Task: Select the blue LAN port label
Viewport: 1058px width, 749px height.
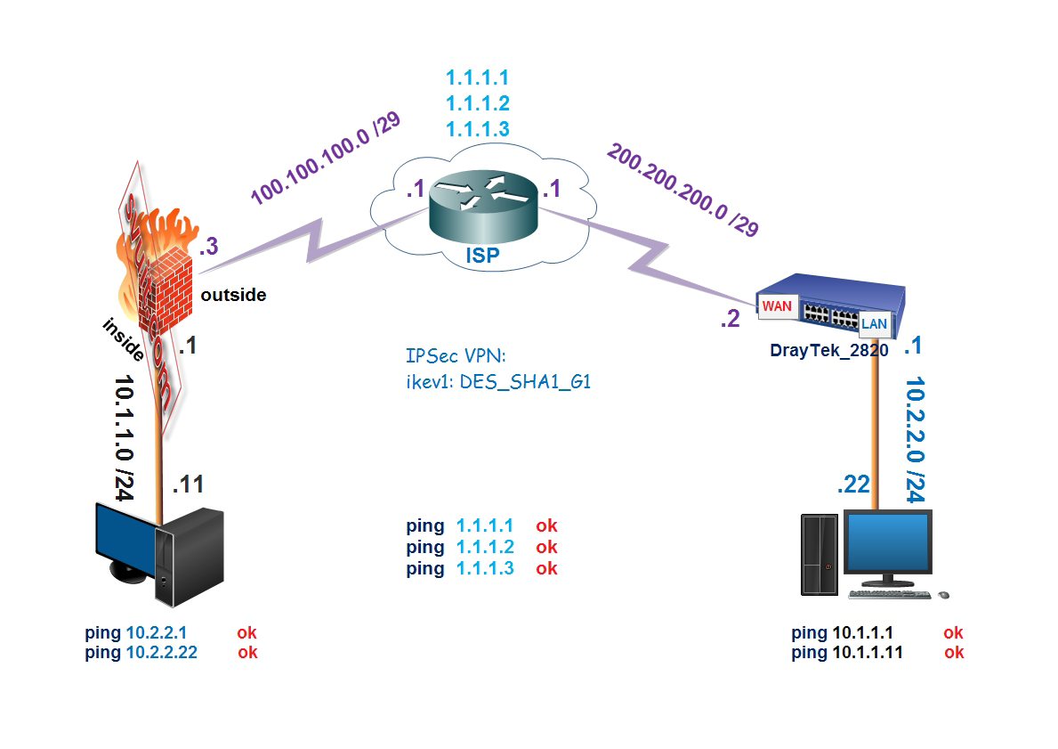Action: (874, 324)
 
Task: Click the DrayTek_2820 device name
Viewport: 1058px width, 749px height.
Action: (829, 350)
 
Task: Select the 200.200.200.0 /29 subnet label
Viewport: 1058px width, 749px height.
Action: (683, 189)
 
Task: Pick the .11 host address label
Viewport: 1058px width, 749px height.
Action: (188, 484)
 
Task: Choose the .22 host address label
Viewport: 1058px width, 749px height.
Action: (853, 485)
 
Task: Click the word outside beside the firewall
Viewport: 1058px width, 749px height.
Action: (233, 295)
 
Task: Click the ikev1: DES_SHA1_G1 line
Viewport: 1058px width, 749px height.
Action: (498, 382)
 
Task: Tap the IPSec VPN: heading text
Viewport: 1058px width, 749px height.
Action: (456, 357)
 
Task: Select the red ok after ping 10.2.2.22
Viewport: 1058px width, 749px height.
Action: (247, 652)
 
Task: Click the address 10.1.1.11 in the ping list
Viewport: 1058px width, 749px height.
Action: (868, 652)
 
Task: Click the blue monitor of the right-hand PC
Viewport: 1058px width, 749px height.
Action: (888, 544)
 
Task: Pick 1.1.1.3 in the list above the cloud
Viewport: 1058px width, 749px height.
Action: (477, 129)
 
